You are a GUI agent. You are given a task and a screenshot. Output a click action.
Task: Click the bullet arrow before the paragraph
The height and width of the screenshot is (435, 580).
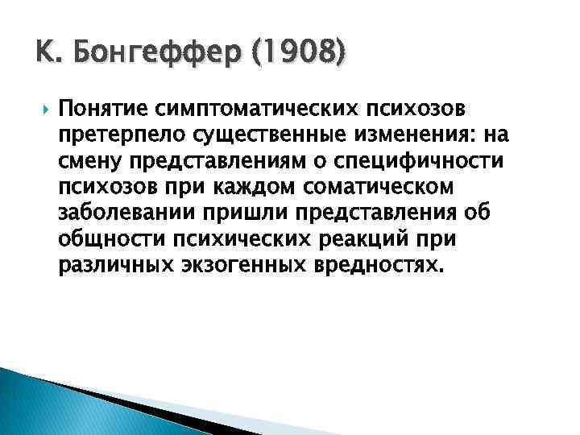click(x=43, y=106)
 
